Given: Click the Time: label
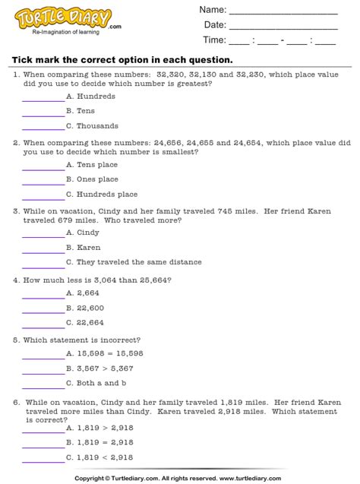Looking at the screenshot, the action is [214, 40].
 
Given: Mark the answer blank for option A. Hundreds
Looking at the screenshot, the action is [43, 99].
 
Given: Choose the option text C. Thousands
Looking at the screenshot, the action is [92, 126].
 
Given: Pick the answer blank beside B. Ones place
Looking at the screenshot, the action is [43, 182].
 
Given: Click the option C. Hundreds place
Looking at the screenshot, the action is [102, 195].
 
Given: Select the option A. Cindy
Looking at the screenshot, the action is [83, 233].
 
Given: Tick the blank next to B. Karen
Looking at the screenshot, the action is [43, 249].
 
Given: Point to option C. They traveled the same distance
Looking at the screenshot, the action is [134, 262].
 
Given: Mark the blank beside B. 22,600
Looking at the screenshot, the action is [43, 309].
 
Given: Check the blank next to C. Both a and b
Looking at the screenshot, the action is [43, 384].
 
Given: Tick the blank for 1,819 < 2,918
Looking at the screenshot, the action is [43, 459].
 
